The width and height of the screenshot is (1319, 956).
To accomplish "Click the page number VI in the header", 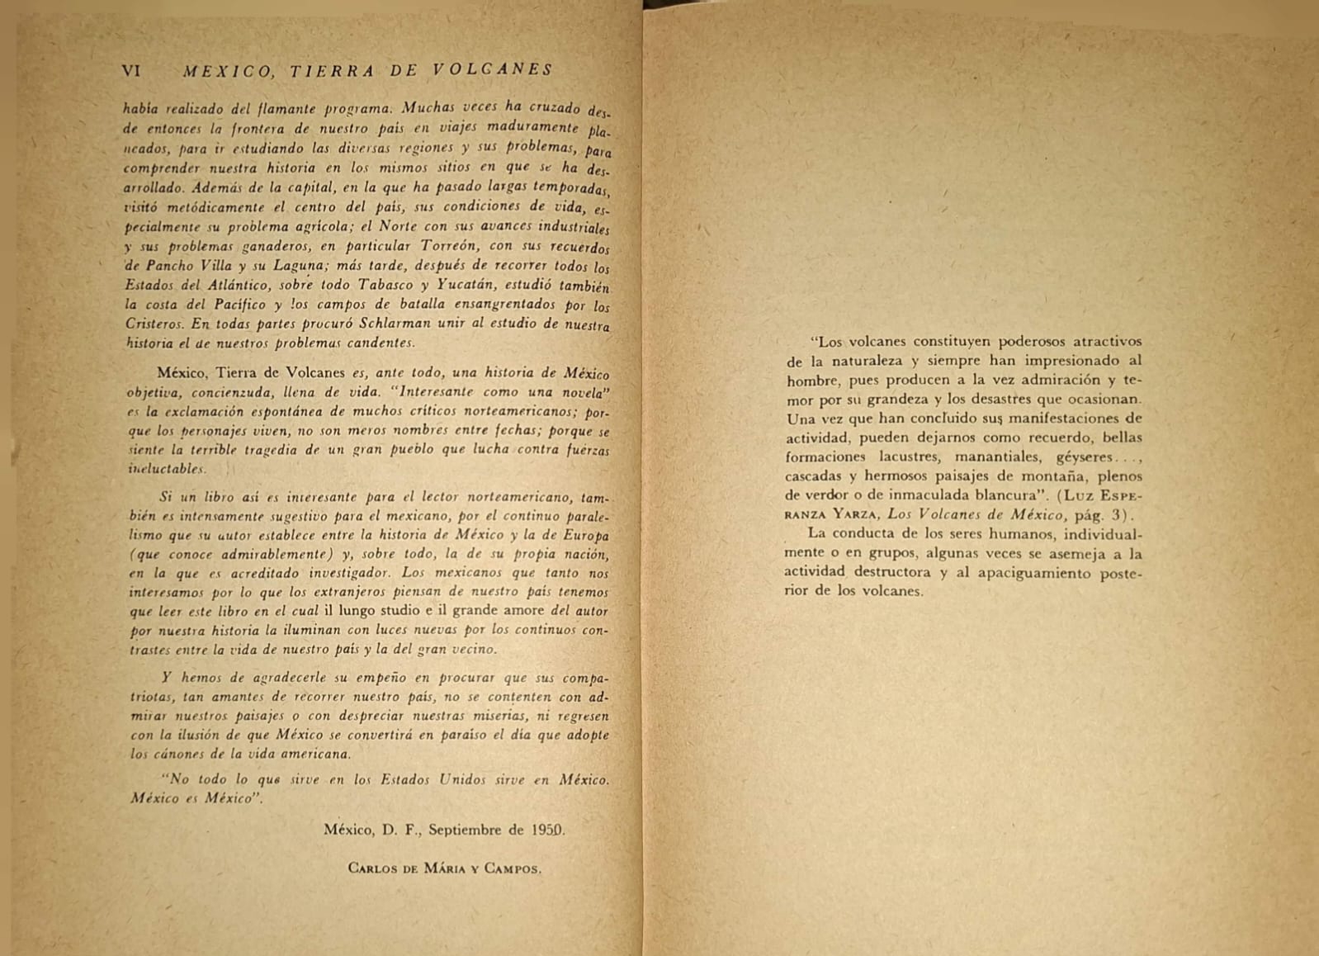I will [131, 70].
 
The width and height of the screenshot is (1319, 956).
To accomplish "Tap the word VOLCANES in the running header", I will [493, 70].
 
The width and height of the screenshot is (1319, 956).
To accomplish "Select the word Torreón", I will [450, 246].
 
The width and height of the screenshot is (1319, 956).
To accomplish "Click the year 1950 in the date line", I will [548, 830].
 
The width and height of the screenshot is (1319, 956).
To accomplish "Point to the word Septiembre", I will [466, 830].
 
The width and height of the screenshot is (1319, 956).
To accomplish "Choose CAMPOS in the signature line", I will [513, 868].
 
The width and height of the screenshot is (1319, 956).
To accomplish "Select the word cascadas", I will [813, 476].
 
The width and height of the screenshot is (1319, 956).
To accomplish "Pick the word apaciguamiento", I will [1034, 573].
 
